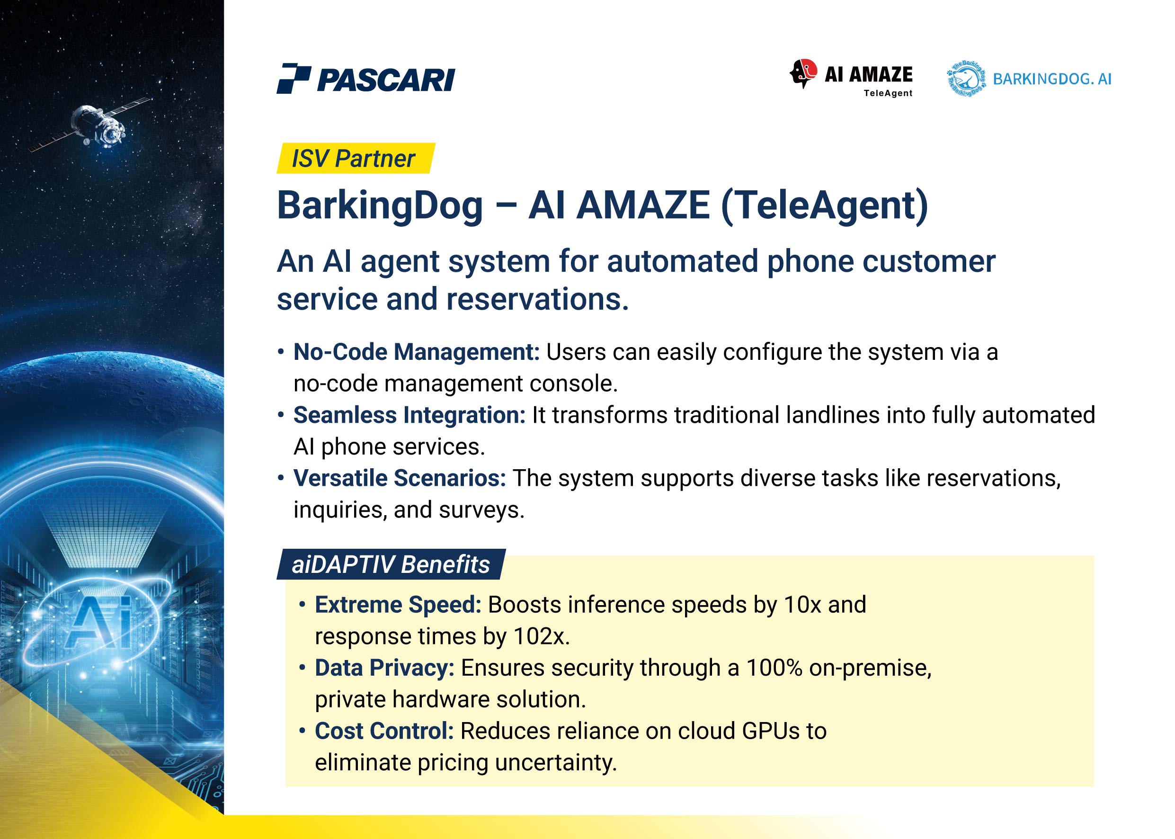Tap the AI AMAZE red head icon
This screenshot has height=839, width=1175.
pos(803,73)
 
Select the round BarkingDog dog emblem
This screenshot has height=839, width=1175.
pos(966,79)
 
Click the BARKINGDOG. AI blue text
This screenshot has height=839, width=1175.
pos(1052,79)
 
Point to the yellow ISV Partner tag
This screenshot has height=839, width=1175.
pos(356,158)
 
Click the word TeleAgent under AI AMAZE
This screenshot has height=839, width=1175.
pos(888,93)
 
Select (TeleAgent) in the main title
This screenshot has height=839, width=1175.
pos(824,205)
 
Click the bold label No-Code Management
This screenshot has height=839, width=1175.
pos(416,352)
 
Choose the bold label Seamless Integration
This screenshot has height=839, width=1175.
pos(409,415)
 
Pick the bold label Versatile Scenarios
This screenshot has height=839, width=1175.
pos(399,478)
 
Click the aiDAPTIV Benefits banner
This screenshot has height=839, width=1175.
pos(391,564)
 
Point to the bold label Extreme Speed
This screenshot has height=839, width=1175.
pos(398,605)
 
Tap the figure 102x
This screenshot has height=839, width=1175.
pos(541,636)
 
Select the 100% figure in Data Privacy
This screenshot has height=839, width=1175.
pos(774,668)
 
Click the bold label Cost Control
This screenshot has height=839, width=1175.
pos(384,731)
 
